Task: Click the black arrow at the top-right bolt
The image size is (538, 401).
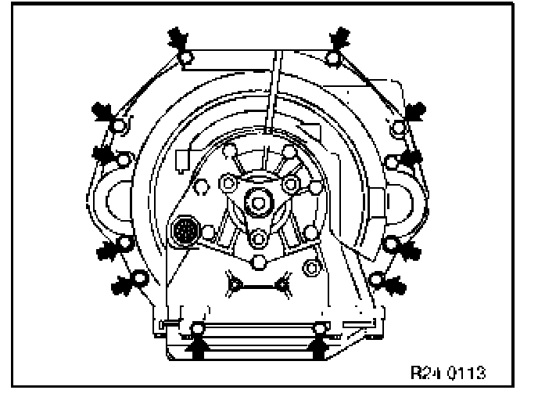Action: (342, 37)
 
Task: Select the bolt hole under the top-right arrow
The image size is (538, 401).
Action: (332, 57)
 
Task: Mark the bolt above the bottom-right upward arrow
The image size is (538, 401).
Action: (318, 327)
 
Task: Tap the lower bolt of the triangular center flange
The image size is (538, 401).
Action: (257, 237)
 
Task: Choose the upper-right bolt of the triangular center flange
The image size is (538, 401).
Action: (290, 183)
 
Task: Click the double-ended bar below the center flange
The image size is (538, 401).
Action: (258, 284)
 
